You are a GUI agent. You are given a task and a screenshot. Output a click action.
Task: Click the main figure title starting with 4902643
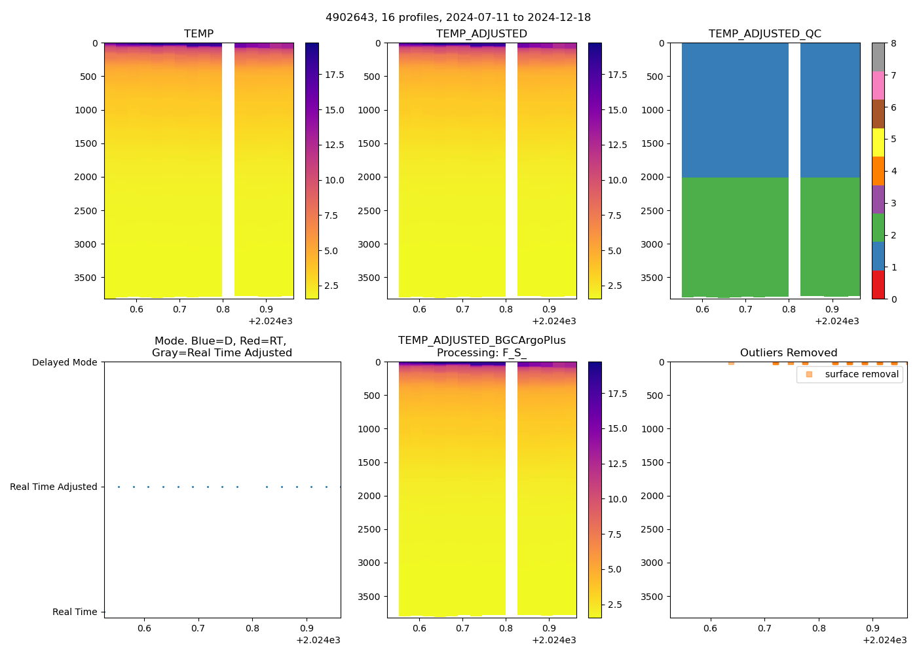[x=458, y=18]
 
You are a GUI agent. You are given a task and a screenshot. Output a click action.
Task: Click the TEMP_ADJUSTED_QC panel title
[x=764, y=34]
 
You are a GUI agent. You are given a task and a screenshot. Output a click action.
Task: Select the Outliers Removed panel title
[x=788, y=353]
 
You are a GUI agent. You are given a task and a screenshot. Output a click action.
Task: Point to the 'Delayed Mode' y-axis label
[x=64, y=362]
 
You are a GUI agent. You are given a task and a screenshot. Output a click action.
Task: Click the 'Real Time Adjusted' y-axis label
[x=53, y=487]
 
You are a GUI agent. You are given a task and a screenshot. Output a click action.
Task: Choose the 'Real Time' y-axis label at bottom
[x=75, y=612]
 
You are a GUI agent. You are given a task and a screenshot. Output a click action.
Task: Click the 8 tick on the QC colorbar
[x=893, y=43]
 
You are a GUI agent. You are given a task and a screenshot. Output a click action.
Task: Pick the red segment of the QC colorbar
[x=878, y=285]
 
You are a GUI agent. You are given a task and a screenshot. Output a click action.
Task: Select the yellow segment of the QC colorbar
[x=878, y=143]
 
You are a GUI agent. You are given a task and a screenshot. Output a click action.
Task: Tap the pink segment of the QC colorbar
[x=878, y=86]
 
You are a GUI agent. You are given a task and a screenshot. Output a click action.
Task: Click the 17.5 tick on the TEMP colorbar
[x=335, y=75]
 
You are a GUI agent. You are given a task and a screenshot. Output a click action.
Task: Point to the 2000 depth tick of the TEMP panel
[x=86, y=177]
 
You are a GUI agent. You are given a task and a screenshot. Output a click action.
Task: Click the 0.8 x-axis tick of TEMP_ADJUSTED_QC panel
[x=789, y=309]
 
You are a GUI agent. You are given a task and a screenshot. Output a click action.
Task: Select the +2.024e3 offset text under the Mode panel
[x=318, y=640]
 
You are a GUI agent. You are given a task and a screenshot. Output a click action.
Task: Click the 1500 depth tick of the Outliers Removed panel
[x=652, y=462]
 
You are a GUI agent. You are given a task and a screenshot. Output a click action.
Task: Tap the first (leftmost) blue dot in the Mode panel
[x=119, y=487]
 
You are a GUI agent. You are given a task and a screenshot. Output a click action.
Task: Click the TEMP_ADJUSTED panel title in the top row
[x=481, y=34]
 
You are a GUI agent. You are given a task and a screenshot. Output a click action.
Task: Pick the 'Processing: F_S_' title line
[x=481, y=353]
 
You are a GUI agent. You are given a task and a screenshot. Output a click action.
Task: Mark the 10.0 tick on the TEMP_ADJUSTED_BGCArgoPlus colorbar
[x=618, y=499]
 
